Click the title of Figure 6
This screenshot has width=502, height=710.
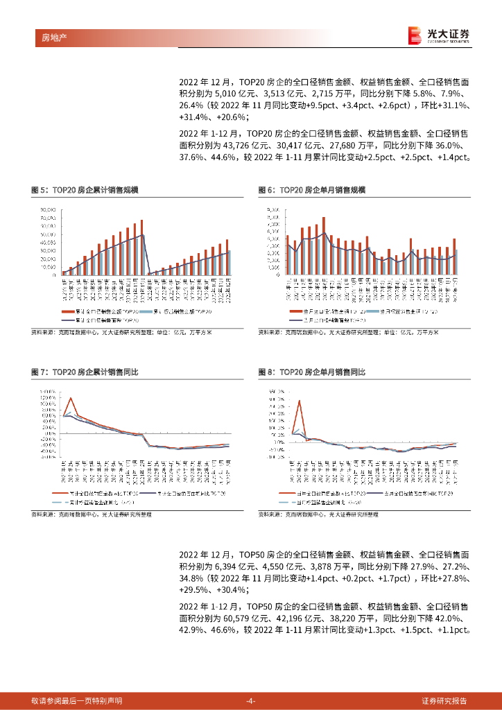[311, 189]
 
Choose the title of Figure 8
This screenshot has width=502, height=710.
[311, 372]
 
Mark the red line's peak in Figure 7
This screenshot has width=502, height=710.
[71, 398]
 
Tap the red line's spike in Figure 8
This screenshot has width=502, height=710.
[300, 401]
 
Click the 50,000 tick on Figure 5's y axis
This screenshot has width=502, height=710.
[48, 234]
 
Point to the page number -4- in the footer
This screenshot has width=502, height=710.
[251, 700]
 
